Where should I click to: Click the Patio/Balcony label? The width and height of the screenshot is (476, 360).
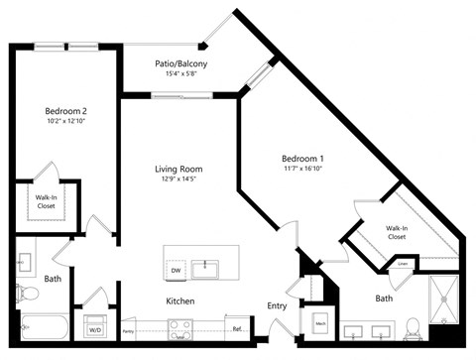(180, 63)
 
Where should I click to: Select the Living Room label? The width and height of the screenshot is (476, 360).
(179, 169)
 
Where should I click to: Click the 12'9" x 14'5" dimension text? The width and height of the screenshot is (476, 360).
(179, 180)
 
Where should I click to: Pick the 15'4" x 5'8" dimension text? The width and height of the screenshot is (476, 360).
(180, 74)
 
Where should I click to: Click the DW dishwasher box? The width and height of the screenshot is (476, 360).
(176, 269)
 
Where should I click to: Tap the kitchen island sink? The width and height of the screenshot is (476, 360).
(209, 268)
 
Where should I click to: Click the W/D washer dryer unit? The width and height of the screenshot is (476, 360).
(96, 328)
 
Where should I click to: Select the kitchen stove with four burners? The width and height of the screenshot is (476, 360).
(179, 326)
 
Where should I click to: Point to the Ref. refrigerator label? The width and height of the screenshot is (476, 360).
(237, 328)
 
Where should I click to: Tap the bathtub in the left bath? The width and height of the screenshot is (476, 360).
(46, 326)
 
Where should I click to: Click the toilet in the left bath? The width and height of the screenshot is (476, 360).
(26, 294)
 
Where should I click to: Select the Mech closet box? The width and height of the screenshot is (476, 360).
(320, 321)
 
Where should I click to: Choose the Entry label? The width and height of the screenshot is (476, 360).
(277, 306)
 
